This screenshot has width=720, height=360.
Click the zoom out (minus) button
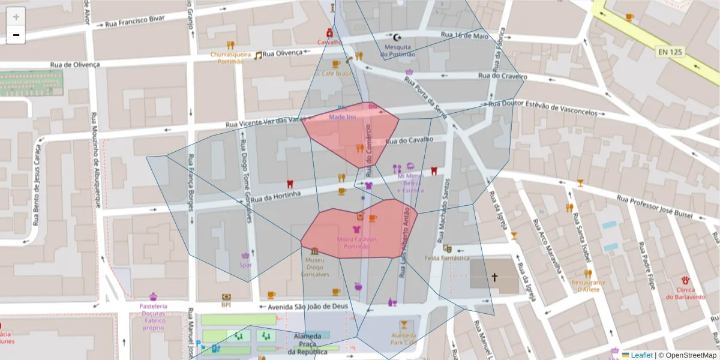point(16,35)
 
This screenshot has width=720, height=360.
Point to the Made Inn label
point(342,116)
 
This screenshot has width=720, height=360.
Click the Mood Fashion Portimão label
point(357,243)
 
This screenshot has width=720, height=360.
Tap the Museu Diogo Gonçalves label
point(317,267)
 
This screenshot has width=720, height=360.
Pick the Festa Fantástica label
point(446,258)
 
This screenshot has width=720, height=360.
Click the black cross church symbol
point(495,277)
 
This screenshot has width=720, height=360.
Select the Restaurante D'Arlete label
point(588,286)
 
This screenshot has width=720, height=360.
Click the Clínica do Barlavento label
point(685,293)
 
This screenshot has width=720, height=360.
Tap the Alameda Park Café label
point(403,338)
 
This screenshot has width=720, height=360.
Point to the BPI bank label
point(226,305)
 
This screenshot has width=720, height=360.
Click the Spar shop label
point(245,265)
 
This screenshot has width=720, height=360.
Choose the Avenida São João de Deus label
point(308,307)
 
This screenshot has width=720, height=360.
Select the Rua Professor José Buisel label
point(655,207)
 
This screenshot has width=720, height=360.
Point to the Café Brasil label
point(337,73)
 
